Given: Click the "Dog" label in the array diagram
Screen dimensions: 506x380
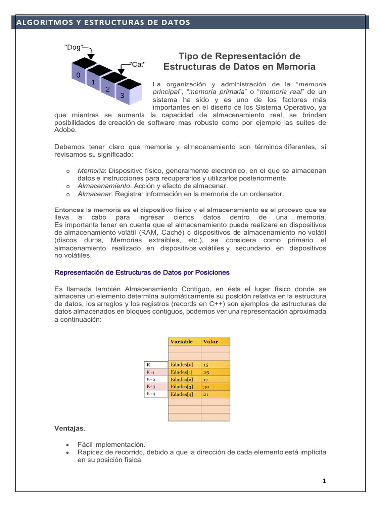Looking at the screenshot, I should click(x=74, y=47).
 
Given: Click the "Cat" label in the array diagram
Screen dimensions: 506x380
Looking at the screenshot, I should click(x=138, y=64).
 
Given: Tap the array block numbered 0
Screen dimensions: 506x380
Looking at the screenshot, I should click(x=77, y=75).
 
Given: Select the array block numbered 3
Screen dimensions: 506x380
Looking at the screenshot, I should click(x=122, y=96).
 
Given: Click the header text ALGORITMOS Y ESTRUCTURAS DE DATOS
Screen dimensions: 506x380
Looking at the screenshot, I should click(x=103, y=22).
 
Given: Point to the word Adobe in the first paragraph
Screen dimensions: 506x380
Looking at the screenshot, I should click(x=64, y=130).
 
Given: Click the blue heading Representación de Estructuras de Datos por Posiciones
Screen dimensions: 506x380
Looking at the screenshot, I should click(x=142, y=272).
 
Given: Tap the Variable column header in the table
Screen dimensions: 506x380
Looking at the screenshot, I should click(x=182, y=341).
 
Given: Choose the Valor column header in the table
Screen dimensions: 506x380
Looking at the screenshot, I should click(x=211, y=341).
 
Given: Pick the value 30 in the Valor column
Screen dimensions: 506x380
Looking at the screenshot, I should click(x=206, y=386).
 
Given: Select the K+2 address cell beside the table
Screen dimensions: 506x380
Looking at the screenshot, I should click(x=151, y=379).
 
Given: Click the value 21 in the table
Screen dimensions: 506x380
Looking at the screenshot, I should click(x=206, y=394).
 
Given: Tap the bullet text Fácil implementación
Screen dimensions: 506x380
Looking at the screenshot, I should click(x=111, y=444).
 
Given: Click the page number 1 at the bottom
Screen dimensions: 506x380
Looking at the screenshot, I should click(x=323, y=481).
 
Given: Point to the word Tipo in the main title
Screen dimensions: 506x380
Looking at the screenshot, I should click(x=188, y=56).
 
